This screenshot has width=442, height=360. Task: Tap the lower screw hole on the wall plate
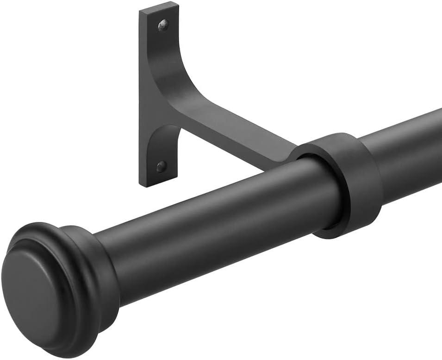tap(161, 166)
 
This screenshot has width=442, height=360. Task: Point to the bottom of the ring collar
tap(352, 234)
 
